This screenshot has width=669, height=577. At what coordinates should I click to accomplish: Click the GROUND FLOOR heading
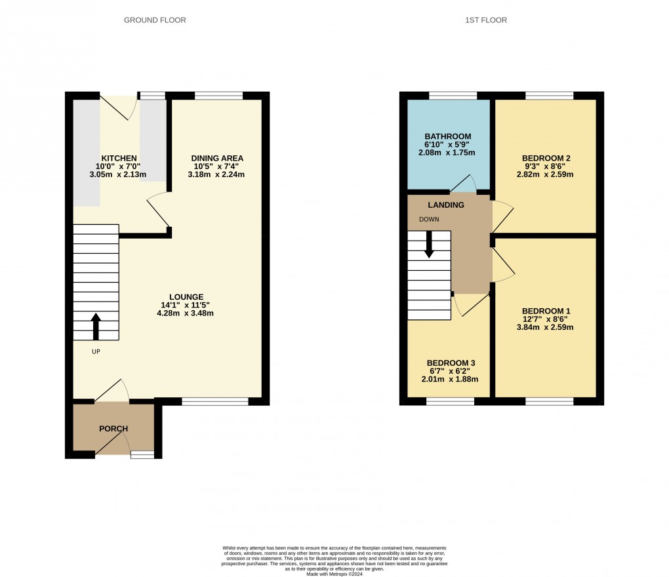tap(155, 20)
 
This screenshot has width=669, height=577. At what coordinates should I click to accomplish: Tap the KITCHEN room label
tap(119, 158)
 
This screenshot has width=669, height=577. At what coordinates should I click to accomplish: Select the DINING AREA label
tap(217, 158)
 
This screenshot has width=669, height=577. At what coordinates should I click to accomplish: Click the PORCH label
tap(113, 429)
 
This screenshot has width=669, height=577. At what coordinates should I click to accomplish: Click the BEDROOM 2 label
tap(546, 158)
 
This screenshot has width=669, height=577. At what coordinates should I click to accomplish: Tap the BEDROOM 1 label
tap(546, 311)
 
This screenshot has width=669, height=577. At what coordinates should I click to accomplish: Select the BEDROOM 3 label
tap(450, 363)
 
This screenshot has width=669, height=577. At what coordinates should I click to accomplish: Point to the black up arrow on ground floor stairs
tap(96, 326)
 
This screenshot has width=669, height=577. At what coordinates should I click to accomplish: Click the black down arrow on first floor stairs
tap(430, 245)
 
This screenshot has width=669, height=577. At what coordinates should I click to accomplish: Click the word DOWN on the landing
tap(429, 220)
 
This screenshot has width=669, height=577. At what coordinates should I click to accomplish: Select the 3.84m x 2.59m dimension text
tap(546, 327)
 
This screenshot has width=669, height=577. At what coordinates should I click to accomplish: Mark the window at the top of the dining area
tap(218, 96)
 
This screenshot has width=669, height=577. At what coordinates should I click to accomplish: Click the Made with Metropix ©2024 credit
tap(334, 572)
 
